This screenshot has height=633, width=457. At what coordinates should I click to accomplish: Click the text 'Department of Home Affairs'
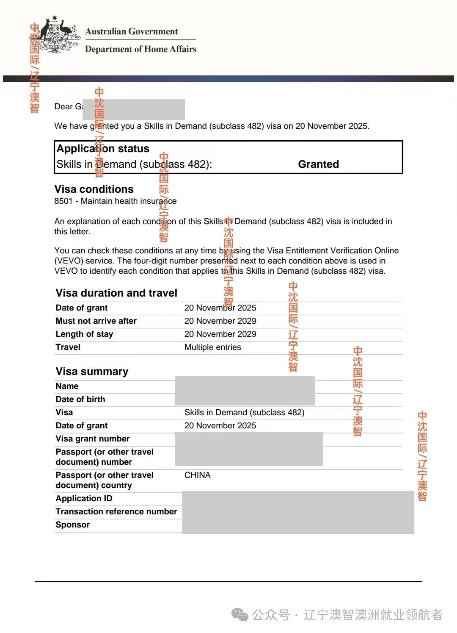coord(140,49)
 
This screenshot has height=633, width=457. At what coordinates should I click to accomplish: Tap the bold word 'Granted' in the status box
coord(318,164)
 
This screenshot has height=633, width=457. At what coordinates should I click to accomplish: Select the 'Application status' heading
coord(103,149)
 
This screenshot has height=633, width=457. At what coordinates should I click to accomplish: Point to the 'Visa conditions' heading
coord(94,189)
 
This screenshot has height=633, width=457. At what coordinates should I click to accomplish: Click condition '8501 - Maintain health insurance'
coord(115,201)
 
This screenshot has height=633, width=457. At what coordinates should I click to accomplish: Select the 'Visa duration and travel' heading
coord(116,293)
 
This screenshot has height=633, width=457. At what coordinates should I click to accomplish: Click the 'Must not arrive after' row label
coord(96,321)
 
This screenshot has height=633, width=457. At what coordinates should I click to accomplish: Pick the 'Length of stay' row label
coord(84,334)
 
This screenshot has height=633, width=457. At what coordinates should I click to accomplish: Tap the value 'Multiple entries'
coord(212,347)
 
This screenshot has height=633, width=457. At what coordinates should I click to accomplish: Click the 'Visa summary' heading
coord(92,372)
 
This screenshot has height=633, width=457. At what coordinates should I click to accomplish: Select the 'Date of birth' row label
coord(80,400)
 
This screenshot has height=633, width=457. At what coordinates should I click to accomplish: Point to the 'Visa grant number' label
coord(92,439)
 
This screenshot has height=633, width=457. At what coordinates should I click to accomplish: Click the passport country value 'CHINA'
coord(197,475)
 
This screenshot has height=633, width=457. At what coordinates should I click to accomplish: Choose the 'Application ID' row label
coord(84,499)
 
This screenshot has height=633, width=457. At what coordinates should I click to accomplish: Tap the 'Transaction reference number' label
coord(116,512)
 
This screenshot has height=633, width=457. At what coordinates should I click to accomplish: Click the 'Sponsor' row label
coord(72,525)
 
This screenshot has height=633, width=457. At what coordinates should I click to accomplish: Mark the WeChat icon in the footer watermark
coord(240,615)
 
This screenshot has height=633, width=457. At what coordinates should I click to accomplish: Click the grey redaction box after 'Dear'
coord(134,110)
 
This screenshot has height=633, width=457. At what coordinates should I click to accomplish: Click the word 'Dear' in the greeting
coord(63,107)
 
